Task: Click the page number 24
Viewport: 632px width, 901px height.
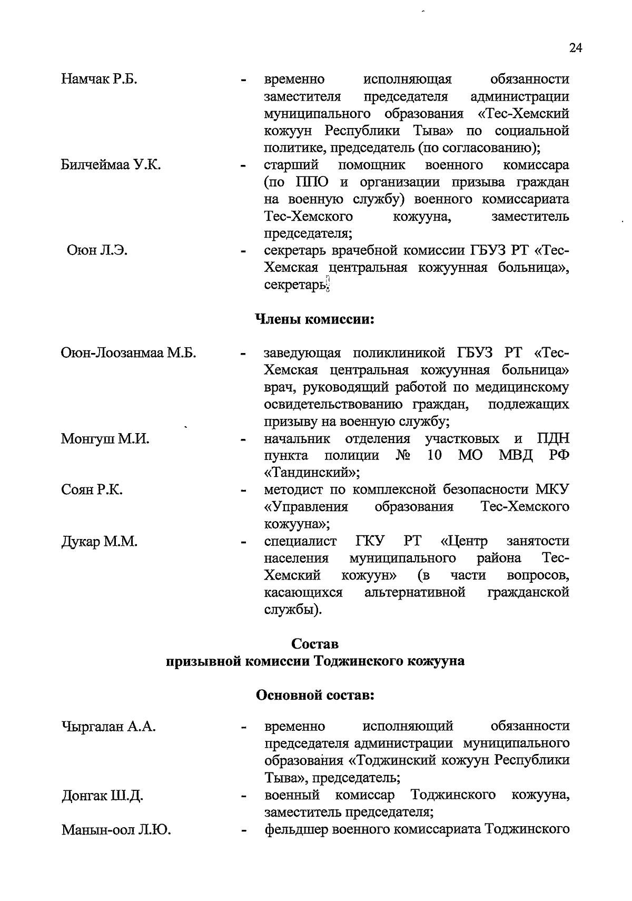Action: (x=576, y=48)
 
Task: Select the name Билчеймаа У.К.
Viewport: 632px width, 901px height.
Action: (x=111, y=165)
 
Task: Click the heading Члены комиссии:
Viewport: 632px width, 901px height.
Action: (x=314, y=319)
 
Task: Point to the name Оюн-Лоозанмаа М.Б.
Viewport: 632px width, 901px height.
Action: (x=129, y=353)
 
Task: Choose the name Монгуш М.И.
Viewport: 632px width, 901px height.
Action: (x=105, y=438)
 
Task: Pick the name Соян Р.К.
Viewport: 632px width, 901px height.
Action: (x=92, y=490)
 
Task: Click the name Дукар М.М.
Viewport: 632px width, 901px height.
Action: (x=99, y=541)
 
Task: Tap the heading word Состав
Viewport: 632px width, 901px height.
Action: (x=314, y=644)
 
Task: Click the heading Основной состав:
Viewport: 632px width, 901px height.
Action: (x=314, y=696)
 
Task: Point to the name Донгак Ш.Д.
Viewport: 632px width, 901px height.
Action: (x=102, y=795)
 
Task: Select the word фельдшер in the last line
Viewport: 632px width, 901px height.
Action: (x=295, y=829)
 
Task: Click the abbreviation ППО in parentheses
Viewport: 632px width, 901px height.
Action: (x=311, y=182)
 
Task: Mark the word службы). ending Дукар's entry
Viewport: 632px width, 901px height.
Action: (x=293, y=610)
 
